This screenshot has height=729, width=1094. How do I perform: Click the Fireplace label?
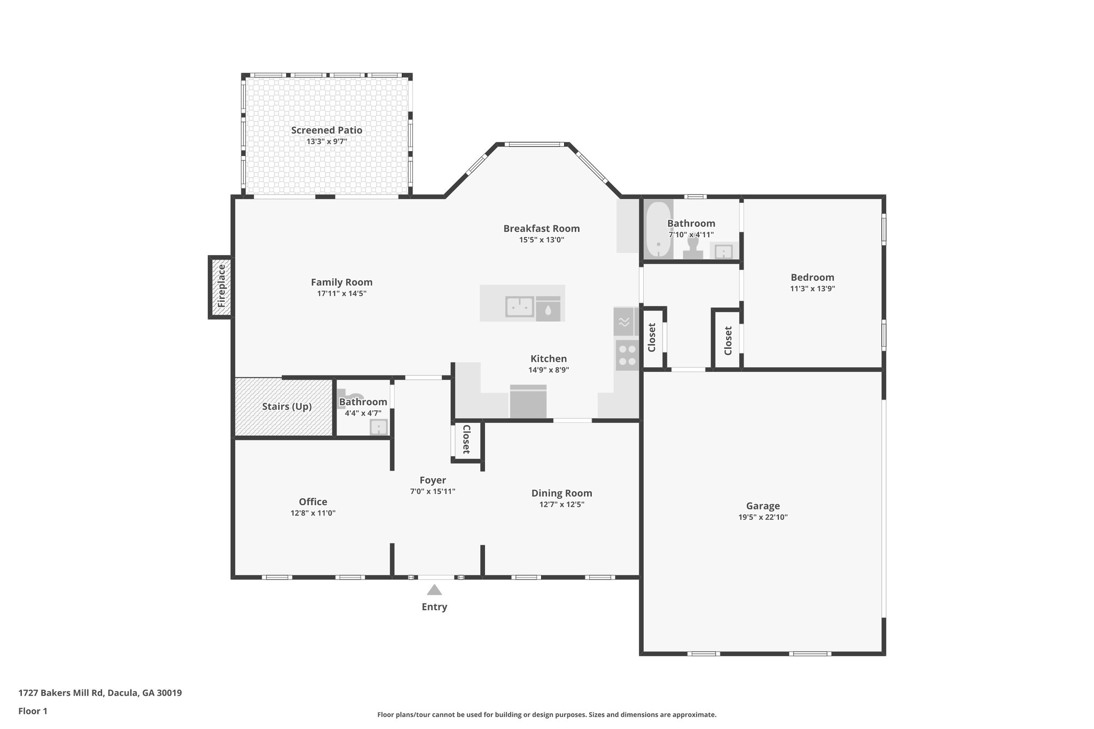point(221,286)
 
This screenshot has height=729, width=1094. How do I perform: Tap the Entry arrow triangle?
point(434,590)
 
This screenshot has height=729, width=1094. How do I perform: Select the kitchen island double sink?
point(520,307)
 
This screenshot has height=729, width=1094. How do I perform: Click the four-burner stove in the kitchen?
point(626,356)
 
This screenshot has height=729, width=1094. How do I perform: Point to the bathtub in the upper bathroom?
point(658,230)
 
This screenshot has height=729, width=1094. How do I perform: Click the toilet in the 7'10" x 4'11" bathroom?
point(693,248)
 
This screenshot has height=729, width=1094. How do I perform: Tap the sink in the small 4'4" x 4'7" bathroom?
point(379,427)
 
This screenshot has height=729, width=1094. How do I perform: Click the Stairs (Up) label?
point(287,406)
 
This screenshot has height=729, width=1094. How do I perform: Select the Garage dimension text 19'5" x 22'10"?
point(763,517)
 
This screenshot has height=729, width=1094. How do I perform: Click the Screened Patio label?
point(326,130)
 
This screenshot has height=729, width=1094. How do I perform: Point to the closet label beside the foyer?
point(466,439)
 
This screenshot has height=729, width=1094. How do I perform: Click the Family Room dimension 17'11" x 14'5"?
point(342,294)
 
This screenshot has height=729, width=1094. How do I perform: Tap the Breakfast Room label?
point(541,229)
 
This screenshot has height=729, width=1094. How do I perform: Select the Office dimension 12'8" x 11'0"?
point(313,513)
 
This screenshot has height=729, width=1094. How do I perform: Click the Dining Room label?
point(561,493)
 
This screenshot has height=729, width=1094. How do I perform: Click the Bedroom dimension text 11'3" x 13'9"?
point(812,289)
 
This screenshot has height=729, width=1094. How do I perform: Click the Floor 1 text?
point(33,711)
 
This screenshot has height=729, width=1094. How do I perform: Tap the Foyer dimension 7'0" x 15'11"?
point(432,491)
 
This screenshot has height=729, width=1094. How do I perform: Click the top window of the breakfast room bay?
point(534,144)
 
